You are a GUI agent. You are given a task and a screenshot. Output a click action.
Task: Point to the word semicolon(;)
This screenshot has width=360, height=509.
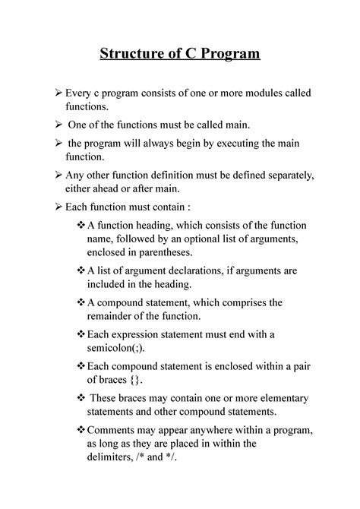(120, 349)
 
